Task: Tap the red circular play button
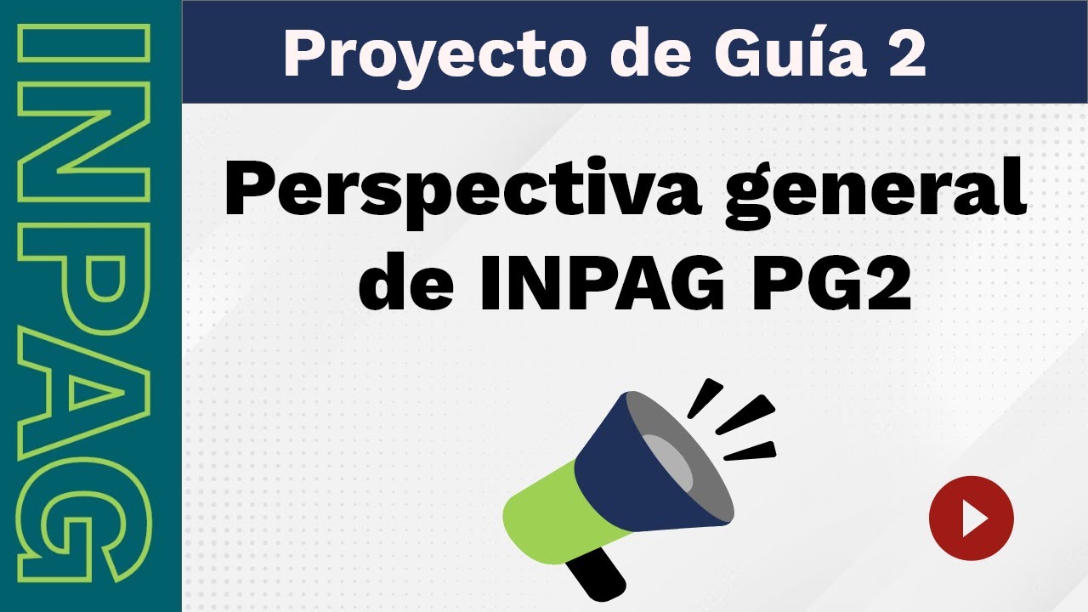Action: tap(971, 518)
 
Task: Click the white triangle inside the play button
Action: tap(973, 518)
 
